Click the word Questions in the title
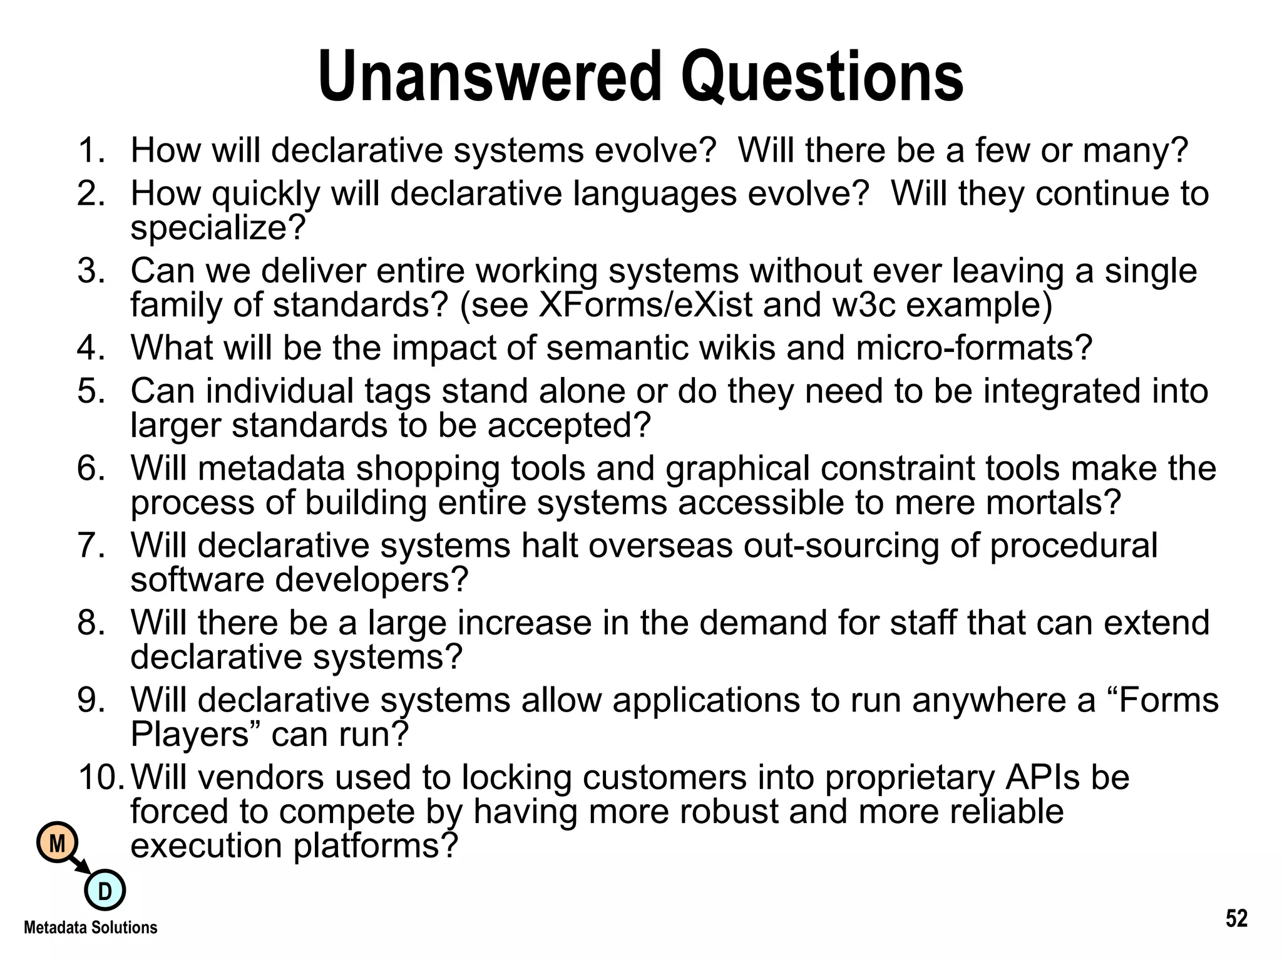[x=822, y=78]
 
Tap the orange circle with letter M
[x=57, y=844]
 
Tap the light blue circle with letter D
[x=105, y=891]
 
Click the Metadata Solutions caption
[x=91, y=928]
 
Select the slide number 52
[x=1236, y=919]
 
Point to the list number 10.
[x=100, y=777]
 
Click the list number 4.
[x=91, y=348]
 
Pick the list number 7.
[x=91, y=545]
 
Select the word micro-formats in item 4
[x=973, y=348]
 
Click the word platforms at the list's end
[x=376, y=846]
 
